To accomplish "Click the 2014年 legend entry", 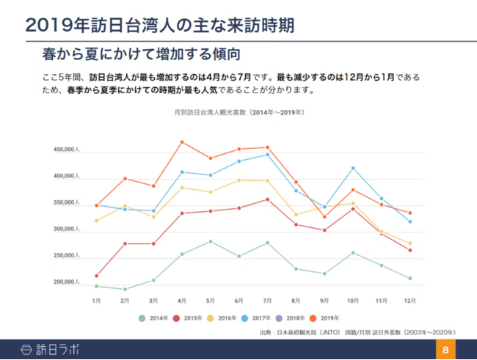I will pyautogui.click(x=154, y=318).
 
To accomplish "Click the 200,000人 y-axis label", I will pyautogui.click(x=67, y=282).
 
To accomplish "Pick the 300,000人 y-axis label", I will pyautogui.click(x=67, y=229).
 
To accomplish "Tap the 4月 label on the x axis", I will pyautogui.click(x=181, y=301).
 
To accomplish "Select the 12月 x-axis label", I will pyautogui.click(x=409, y=301).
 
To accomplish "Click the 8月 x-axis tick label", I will pyautogui.click(x=296, y=301).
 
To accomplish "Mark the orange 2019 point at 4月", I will pyautogui.click(x=182, y=142).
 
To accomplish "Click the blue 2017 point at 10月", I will pyautogui.click(x=353, y=168).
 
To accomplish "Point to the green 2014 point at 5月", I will pyautogui.click(x=211, y=241).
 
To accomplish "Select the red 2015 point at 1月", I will pyautogui.click(x=96, y=276).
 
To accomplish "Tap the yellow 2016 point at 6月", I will pyautogui.click(x=239, y=180).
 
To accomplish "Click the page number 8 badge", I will pyautogui.click(x=445, y=350).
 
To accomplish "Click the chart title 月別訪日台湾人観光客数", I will pyautogui.click(x=238, y=112).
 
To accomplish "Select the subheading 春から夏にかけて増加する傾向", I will pyautogui.click(x=142, y=55).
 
